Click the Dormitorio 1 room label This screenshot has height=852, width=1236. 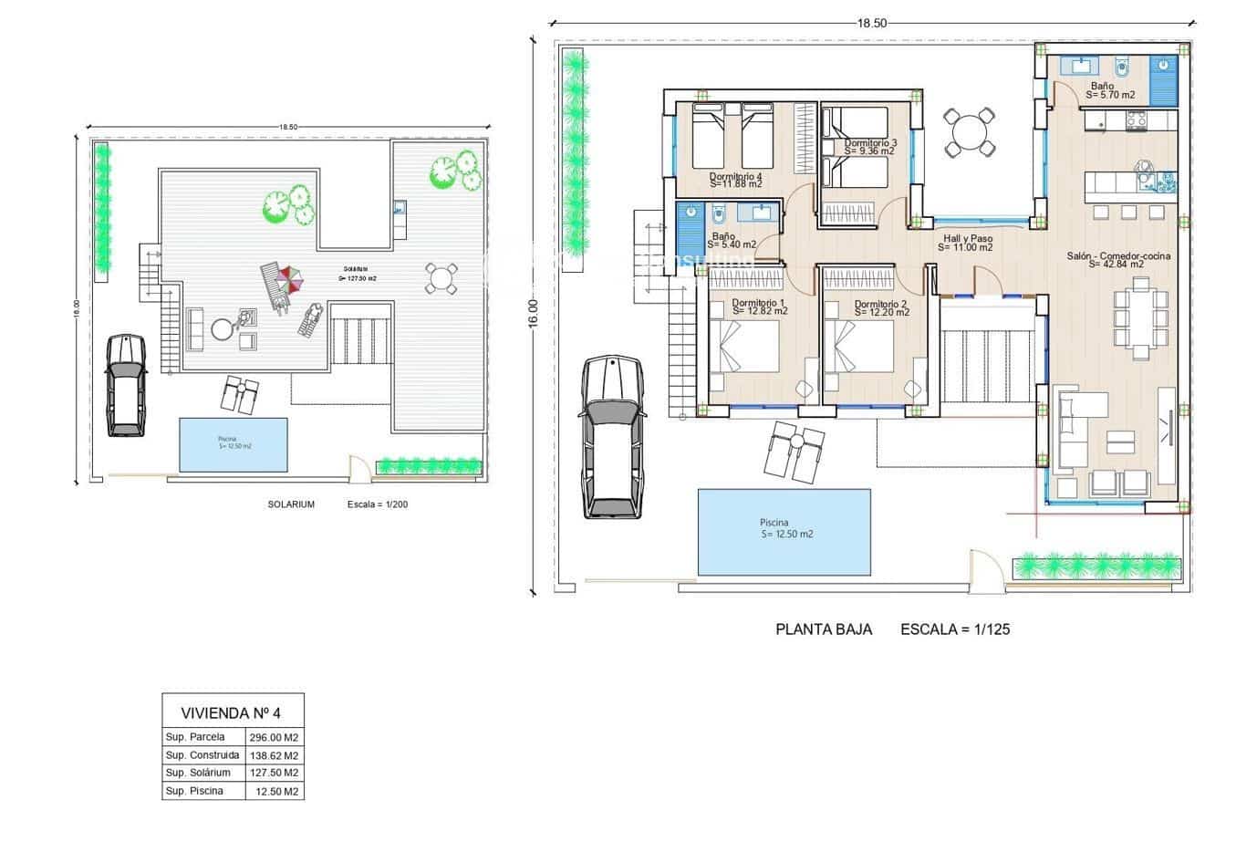click(758, 303)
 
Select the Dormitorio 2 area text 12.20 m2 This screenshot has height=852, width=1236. click(882, 313)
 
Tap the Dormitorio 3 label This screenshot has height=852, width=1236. click(869, 143)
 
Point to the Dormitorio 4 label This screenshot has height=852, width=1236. click(735, 177)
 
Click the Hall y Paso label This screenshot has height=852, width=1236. click(967, 239)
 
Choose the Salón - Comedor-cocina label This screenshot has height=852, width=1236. click(1117, 256)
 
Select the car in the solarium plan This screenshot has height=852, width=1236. click(126, 384)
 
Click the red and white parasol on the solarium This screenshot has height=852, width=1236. click(290, 278)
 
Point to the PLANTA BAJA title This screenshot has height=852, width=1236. click(823, 629)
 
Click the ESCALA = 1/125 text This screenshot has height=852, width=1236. click(954, 629)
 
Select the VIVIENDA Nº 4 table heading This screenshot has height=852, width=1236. click(233, 712)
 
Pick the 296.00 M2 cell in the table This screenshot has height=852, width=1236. click(275, 737)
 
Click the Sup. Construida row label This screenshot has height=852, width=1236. click(203, 755)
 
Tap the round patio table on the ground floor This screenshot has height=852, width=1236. click(967, 133)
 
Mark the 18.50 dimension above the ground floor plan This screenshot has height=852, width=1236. click(871, 24)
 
